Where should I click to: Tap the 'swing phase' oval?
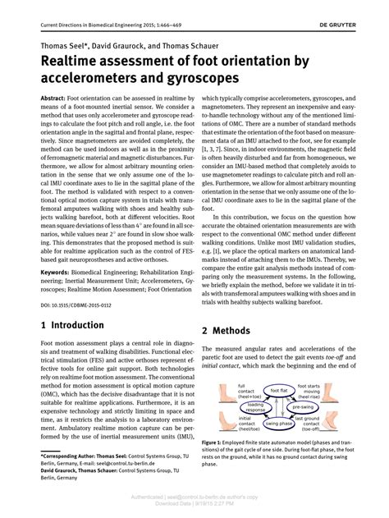pyautogui.click(x=277, y=424)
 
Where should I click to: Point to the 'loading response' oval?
pyautogui.click(x=256, y=408)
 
